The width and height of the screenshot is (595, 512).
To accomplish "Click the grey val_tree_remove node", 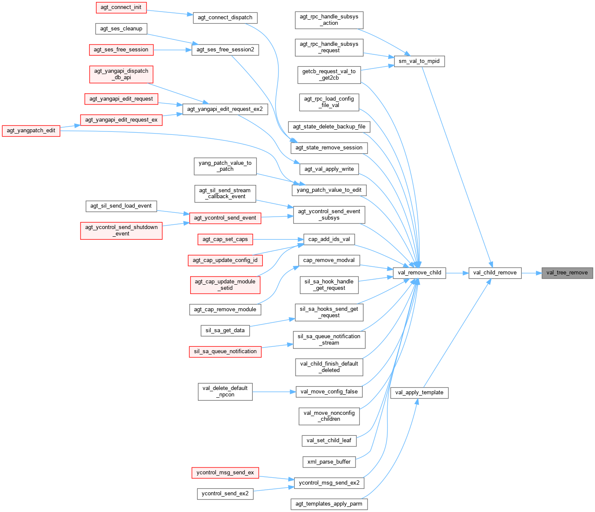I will tap(567, 273).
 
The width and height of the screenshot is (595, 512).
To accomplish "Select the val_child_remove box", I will tap(495, 273).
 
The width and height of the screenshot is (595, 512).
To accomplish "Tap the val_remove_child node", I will tap(419, 273).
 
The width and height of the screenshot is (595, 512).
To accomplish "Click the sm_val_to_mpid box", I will tap(419, 61).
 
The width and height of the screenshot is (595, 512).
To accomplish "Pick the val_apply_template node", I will tap(419, 393).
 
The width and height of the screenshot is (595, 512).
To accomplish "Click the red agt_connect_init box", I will tap(121, 7).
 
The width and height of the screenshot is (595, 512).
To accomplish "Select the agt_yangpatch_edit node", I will tap(31, 131).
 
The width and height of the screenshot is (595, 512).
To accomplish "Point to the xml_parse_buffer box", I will tap(329, 462).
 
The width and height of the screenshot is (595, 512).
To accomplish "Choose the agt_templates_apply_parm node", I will tap(329, 504).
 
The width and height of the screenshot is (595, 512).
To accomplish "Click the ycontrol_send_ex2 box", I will tap(225, 494).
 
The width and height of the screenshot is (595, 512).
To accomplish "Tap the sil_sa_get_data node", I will tap(225, 330).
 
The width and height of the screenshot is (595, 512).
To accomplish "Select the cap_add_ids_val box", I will tap(329, 239).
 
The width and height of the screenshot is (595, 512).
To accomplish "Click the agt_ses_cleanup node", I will tap(121, 29).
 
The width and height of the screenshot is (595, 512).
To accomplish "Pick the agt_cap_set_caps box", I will tap(225, 239).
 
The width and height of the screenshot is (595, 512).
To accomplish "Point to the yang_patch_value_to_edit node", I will tap(329, 190).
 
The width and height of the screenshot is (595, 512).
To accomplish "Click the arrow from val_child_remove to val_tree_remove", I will tap(532, 273).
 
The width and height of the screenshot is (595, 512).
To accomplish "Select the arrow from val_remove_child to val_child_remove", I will tap(457, 273).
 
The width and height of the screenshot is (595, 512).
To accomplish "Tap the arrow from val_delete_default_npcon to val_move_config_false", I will tap(274, 392).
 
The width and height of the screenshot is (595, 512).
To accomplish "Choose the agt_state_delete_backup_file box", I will tap(329, 127).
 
